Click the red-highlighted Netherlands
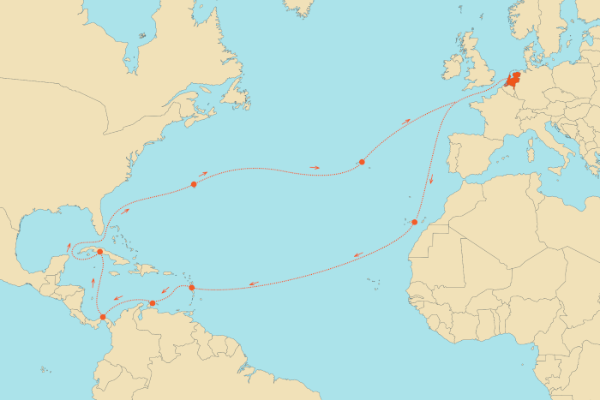513,82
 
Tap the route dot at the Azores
363,162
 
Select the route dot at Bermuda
195,184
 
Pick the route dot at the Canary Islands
414,223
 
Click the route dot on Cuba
100,252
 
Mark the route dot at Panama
103,317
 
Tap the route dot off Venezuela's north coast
153,303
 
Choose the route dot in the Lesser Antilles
191,288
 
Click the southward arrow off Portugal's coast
431,180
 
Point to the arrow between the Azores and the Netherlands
405,122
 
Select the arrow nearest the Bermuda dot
204,175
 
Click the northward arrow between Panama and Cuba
93,282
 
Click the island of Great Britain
477,69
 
